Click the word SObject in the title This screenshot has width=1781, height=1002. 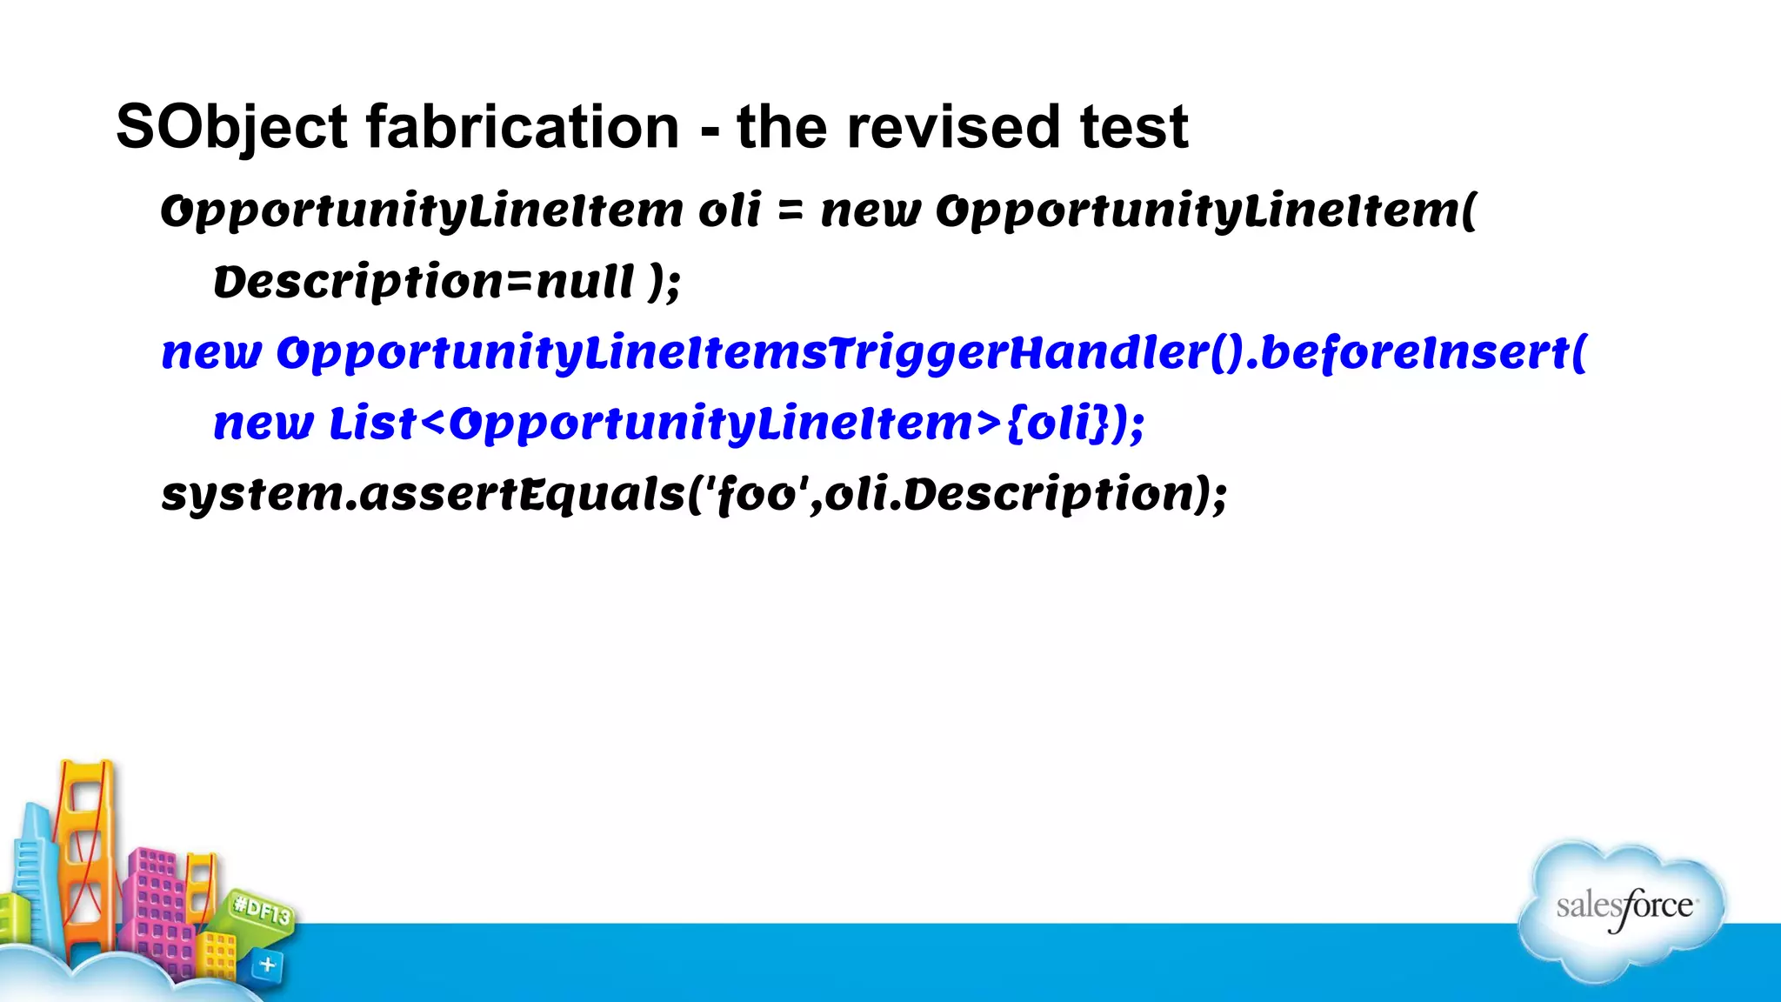231,128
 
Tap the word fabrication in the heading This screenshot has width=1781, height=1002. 522,128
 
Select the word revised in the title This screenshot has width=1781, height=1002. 953,128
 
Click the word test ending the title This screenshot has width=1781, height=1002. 1134,128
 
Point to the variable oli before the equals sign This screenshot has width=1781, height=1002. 730,211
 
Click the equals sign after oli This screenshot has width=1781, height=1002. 790,211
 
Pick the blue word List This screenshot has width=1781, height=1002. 372,424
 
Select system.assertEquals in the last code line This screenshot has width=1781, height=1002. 424,495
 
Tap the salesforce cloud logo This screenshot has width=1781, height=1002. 1623,909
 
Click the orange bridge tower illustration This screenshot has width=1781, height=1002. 85,852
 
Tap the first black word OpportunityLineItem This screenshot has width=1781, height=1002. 423,211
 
